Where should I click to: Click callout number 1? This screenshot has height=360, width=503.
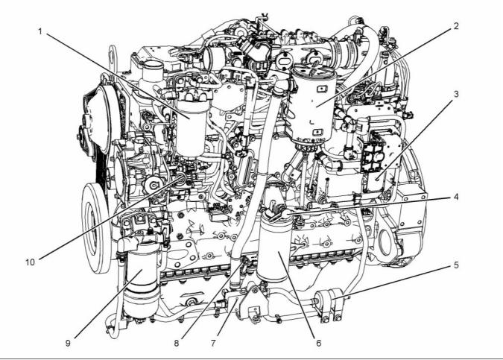40,31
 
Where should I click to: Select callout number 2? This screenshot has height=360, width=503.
456,26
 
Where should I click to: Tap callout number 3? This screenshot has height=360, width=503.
456,95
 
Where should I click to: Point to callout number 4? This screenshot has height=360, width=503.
456,197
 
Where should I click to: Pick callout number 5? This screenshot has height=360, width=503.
456,265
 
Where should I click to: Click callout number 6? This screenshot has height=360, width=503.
318,343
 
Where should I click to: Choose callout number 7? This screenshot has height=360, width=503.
213,343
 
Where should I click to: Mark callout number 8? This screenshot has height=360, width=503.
177,343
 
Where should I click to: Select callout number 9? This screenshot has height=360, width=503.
68,343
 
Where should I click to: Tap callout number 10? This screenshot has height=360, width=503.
30,262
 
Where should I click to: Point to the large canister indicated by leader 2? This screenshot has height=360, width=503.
313,103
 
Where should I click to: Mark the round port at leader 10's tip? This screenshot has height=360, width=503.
183,177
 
